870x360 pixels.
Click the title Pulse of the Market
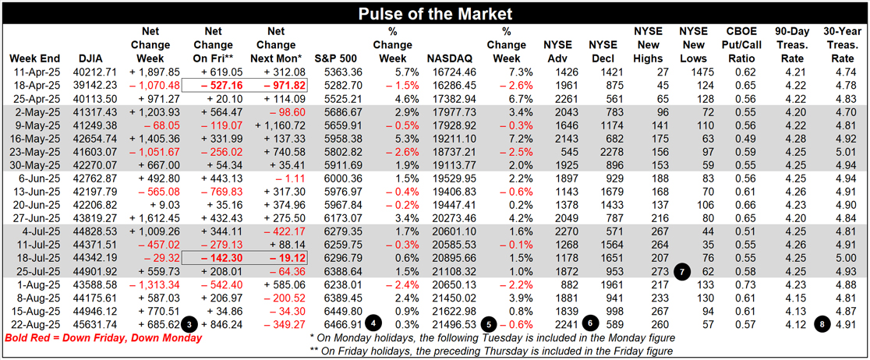[434, 14]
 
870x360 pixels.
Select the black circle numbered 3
[189, 323]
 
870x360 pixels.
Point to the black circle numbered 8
[822, 323]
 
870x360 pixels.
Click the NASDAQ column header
[450, 59]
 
